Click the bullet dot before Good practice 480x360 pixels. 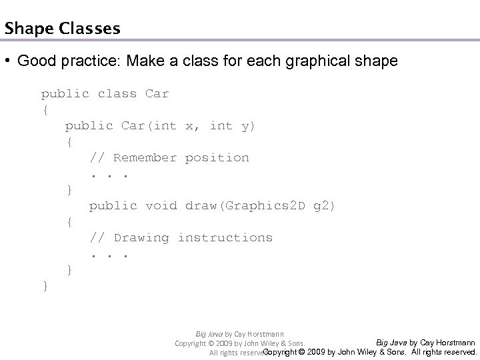(x=9, y=62)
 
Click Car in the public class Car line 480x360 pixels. (x=157, y=94)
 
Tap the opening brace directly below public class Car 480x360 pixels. (x=45, y=110)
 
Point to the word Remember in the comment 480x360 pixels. (x=145, y=158)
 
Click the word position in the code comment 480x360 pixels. (x=217, y=158)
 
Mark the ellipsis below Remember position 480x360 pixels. (x=109, y=175)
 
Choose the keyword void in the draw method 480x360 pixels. (x=161, y=206)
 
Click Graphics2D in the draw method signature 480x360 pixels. (x=265, y=206)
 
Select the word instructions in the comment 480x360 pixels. (x=225, y=238)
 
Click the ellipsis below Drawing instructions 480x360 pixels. (x=109, y=255)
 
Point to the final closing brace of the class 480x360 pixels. (x=45, y=286)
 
